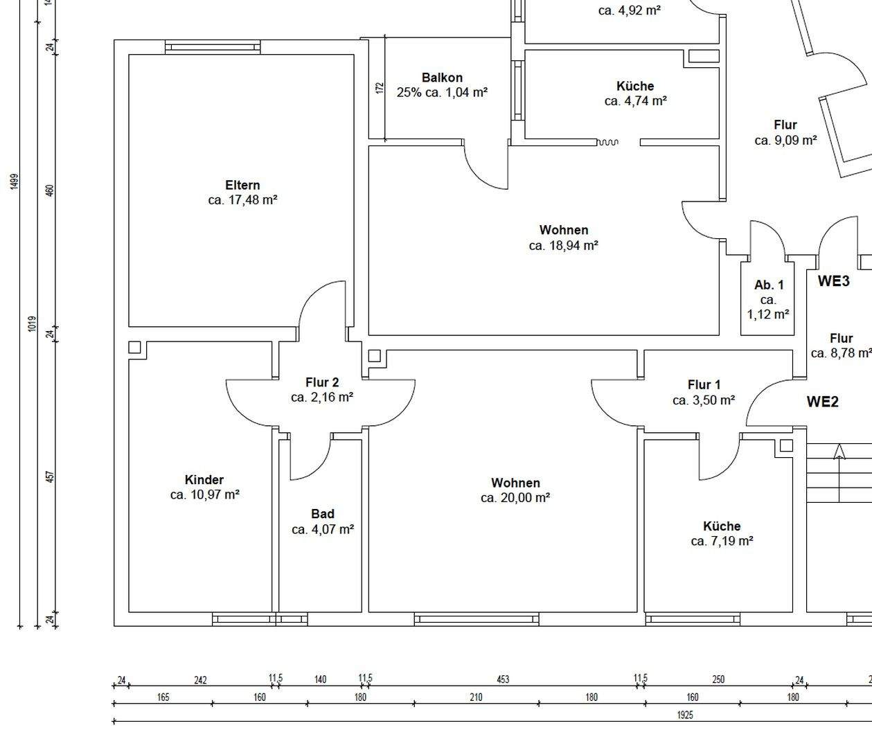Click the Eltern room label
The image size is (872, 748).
click(x=242, y=185)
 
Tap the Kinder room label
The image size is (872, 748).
click(x=204, y=480)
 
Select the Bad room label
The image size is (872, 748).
click(x=323, y=514)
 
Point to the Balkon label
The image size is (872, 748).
click(x=442, y=78)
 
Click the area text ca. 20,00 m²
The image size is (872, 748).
click(x=515, y=498)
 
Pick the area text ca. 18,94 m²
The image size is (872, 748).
click(x=564, y=246)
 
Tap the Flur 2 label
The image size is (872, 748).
click(x=322, y=382)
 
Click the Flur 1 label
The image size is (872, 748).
click(x=704, y=385)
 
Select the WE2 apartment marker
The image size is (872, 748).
click(x=823, y=402)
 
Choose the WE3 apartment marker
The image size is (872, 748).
click(x=834, y=281)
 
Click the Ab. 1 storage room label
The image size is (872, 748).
click(x=769, y=285)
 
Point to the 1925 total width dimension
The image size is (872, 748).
click(x=685, y=715)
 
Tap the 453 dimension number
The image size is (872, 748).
click(x=503, y=679)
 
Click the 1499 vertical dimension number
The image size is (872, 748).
click(x=15, y=181)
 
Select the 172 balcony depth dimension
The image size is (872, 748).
click(x=380, y=88)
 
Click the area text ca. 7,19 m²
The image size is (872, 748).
click(x=722, y=542)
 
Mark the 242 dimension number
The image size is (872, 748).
click(x=200, y=680)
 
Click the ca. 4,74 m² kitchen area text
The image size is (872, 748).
click(x=636, y=101)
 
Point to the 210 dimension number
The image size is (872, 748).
click(x=476, y=697)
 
